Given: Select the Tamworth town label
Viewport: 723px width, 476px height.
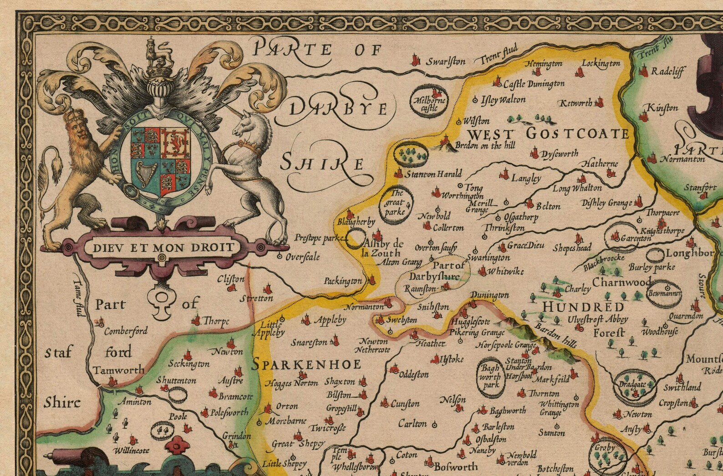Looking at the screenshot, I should point(119,370).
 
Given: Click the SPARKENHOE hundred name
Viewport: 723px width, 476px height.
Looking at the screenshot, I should point(306,364).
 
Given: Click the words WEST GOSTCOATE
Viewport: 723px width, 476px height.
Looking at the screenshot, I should point(548,134).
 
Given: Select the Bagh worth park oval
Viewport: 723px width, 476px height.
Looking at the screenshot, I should point(490,376).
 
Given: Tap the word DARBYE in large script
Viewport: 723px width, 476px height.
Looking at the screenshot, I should point(338,109).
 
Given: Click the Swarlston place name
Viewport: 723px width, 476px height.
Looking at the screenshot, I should point(445,62).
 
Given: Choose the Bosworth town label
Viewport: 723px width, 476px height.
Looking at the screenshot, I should point(455,466).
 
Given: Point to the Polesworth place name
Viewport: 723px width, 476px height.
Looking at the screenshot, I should point(229,413).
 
